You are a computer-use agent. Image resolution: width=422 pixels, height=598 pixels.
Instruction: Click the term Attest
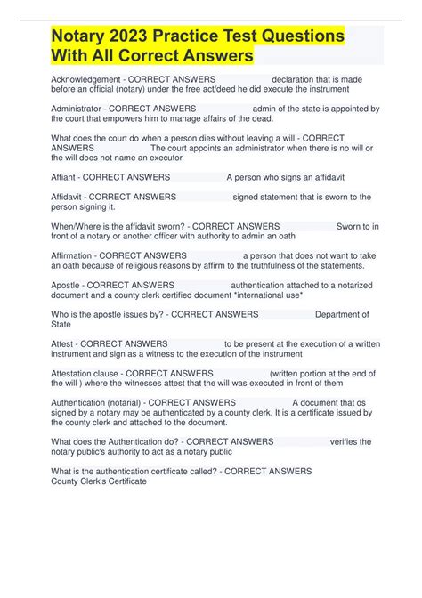click(x=63, y=343)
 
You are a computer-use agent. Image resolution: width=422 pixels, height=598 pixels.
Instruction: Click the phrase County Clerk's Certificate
click(x=99, y=481)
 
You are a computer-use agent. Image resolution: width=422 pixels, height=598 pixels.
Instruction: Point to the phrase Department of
click(x=343, y=314)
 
